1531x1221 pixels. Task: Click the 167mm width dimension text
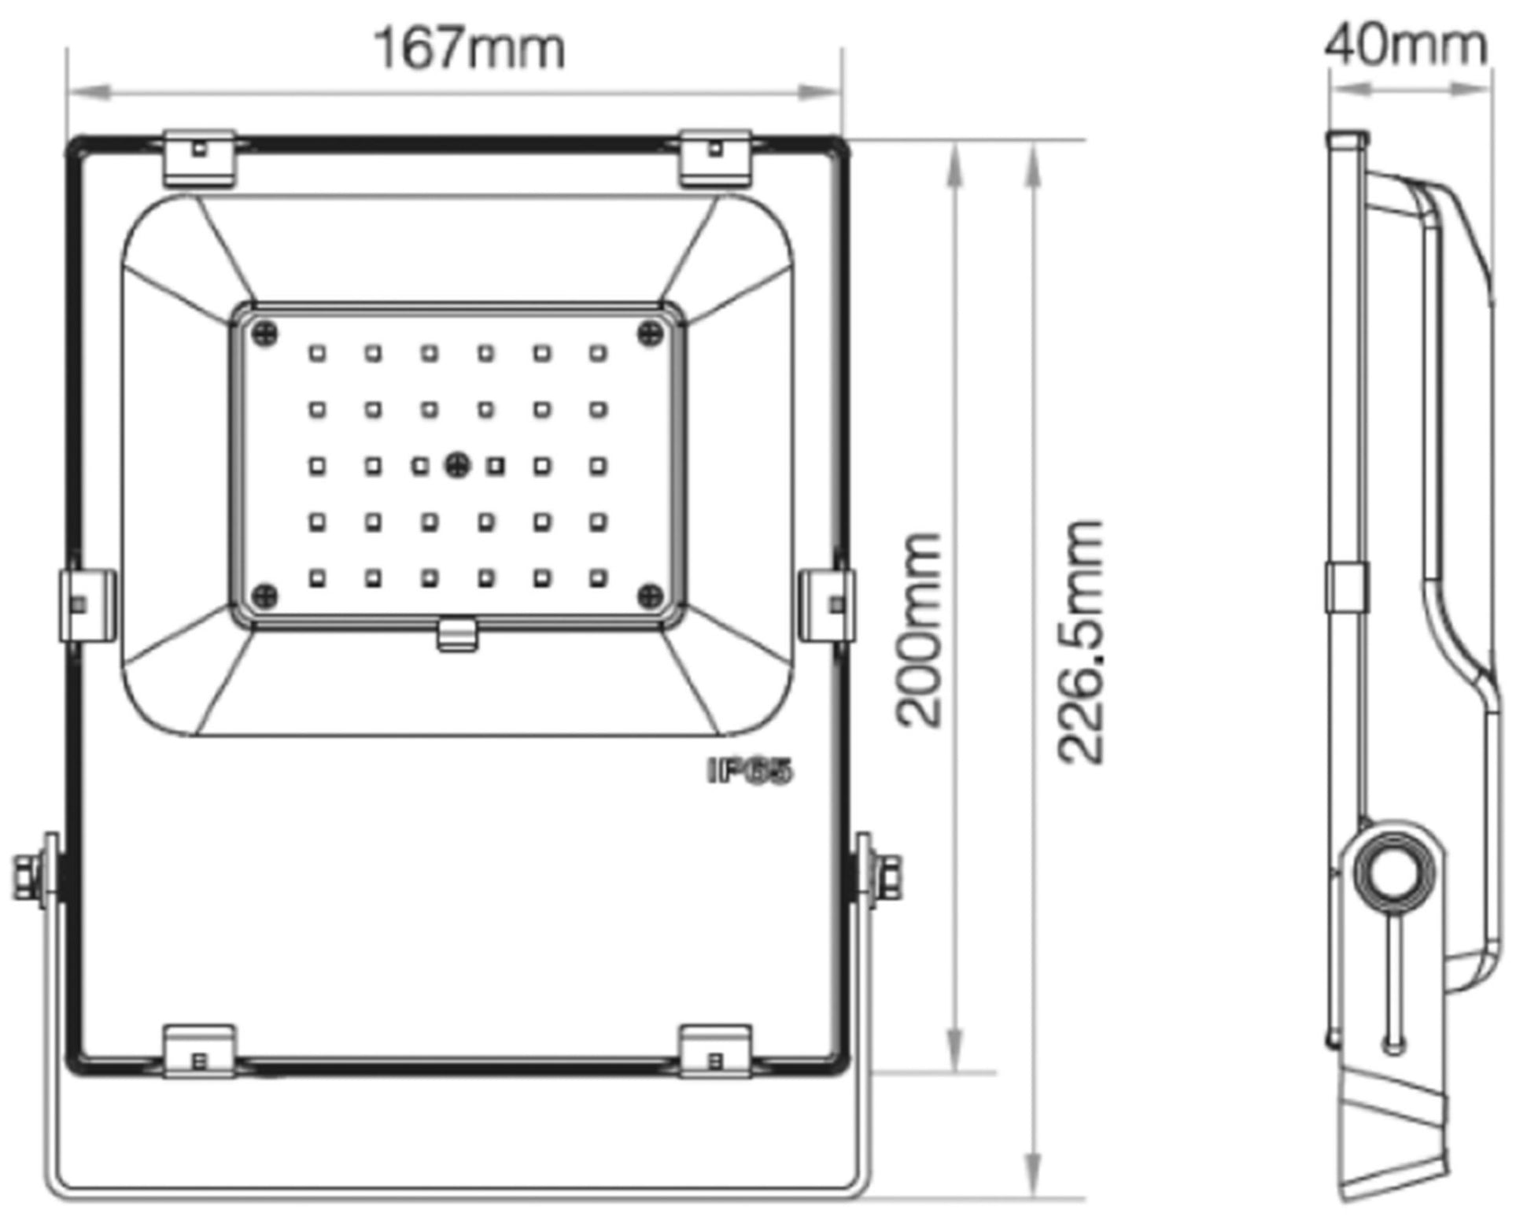[470, 48]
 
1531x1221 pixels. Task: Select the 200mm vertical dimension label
[919, 630]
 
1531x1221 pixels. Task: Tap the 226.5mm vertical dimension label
[1081, 641]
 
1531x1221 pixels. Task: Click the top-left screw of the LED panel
[265, 334]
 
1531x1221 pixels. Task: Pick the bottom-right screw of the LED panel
[650, 596]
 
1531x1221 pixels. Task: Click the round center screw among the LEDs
[457, 465]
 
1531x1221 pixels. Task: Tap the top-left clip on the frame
[199, 158]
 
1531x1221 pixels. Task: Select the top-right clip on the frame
[715, 158]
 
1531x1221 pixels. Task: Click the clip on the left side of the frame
[87, 605]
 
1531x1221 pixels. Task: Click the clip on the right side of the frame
[827, 605]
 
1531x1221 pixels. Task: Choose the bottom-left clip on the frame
[199, 1051]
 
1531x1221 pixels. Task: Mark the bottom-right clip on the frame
[715, 1051]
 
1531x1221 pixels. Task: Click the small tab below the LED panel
[457, 635]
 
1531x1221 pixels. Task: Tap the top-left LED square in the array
[317, 353]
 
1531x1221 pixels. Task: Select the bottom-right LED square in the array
[598, 579]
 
